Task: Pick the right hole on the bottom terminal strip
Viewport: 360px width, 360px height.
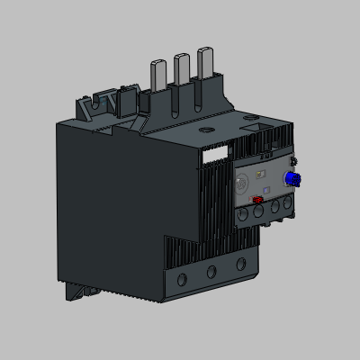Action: tap(240, 264)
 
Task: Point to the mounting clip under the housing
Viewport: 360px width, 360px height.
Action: tap(85, 289)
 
